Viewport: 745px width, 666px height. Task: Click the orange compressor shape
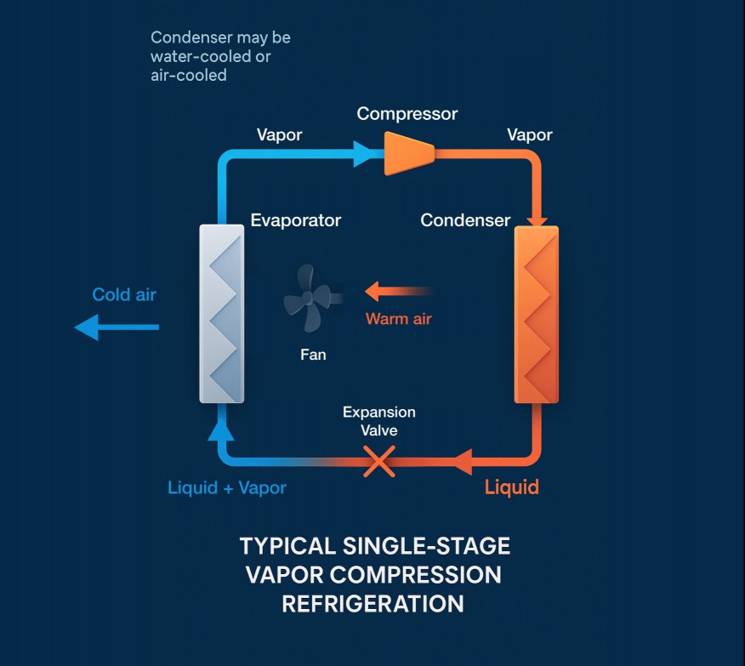(x=409, y=153)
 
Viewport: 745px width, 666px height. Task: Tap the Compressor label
(x=407, y=114)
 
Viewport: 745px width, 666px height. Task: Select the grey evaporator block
(x=222, y=314)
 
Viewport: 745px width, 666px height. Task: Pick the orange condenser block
(x=537, y=315)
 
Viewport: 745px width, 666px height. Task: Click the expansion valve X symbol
(x=379, y=461)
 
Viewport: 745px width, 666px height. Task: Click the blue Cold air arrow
(x=117, y=327)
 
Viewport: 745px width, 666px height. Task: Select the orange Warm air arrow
(x=399, y=291)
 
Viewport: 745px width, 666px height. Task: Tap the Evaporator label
(x=295, y=220)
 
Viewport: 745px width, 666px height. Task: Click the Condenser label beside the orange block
(x=465, y=220)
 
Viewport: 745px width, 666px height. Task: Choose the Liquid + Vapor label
(x=226, y=488)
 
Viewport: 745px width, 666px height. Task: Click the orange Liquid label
(x=512, y=487)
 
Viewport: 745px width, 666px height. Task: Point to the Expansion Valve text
(x=379, y=421)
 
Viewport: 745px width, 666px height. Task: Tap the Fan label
(x=313, y=355)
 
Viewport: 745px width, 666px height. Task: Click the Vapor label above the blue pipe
(x=279, y=135)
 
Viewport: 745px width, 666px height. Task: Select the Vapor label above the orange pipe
(x=529, y=135)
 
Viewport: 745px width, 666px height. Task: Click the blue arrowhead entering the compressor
(x=362, y=153)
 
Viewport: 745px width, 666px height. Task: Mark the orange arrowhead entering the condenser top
(x=537, y=222)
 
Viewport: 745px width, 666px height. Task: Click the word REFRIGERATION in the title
(x=373, y=604)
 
